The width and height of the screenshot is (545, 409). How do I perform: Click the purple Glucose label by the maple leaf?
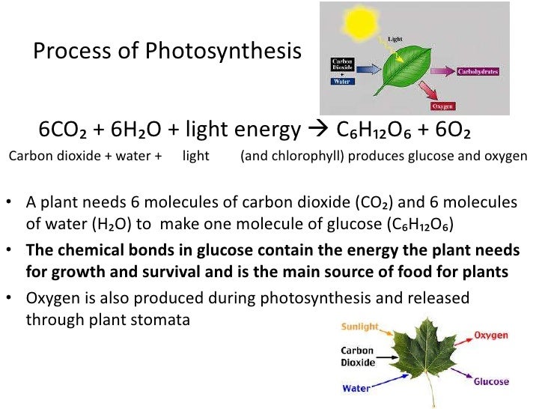pyautogui.click(x=491, y=381)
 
